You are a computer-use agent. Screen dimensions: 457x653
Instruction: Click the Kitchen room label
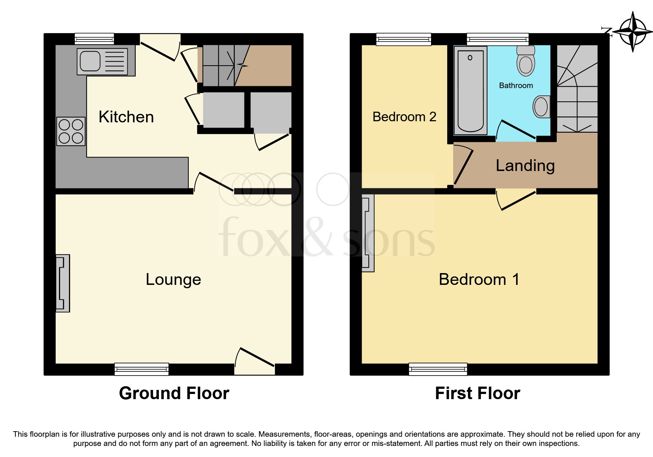pos(126,117)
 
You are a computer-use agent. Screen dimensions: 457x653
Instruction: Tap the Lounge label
pos(173,279)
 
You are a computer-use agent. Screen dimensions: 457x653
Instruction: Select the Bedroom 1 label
pos(479,279)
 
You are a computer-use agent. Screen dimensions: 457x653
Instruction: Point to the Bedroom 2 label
pos(404,117)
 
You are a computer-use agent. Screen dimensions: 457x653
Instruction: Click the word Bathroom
pos(516,86)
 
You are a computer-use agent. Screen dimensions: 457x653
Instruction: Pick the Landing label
pos(525,165)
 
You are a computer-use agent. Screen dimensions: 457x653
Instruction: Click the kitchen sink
pos(102,61)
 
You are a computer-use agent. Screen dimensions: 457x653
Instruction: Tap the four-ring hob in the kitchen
pos(71,131)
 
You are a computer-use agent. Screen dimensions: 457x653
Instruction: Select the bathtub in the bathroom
pos(470,91)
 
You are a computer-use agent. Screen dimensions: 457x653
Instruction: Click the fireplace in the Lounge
pos(62,283)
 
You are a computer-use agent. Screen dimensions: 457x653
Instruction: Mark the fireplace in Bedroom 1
pos(368,233)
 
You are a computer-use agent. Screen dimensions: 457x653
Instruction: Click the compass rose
pos(633,32)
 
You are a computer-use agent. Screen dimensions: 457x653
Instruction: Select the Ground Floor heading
pos(174,393)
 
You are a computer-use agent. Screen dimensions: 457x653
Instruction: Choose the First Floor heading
pos(477,393)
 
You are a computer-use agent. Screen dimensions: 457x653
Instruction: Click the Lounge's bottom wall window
pos(142,369)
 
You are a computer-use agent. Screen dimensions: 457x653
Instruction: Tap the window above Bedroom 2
pos(404,39)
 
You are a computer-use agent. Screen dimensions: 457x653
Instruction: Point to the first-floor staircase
pos(577,88)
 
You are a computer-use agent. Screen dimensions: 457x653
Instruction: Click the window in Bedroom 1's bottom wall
pos(438,369)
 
